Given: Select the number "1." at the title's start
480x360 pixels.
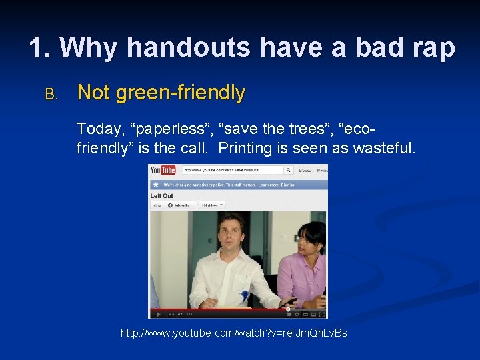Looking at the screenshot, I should point(40,47).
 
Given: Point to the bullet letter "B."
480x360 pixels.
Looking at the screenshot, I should point(52,94).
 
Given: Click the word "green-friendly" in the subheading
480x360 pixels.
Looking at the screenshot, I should point(180,93).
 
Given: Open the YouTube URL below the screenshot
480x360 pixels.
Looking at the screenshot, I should point(233,333).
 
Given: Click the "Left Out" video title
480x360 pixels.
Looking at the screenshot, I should point(162,196).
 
